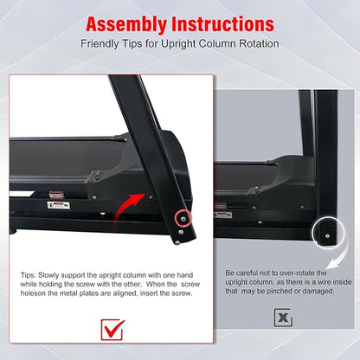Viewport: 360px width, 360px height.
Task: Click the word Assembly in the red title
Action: pyautogui.click(x=126, y=25)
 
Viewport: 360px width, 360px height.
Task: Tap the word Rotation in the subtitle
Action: pyautogui.click(x=259, y=44)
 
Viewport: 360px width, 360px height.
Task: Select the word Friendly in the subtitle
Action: pyautogui.click(x=100, y=44)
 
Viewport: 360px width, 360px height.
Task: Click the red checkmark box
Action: pyautogui.click(x=112, y=330)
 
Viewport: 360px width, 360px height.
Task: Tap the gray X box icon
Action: pyautogui.click(x=283, y=318)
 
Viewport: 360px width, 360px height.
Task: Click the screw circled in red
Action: pyautogui.click(x=183, y=219)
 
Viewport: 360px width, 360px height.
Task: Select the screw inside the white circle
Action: pyautogui.click(x=327, y=236)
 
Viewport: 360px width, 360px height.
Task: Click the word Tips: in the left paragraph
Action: pyautogui.click(x=29, y=275)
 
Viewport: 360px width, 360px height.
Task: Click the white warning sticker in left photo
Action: pyautogui.click(x=59, y=205)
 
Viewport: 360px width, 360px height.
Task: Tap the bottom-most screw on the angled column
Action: pyautogui.click(x=177, y=243)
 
